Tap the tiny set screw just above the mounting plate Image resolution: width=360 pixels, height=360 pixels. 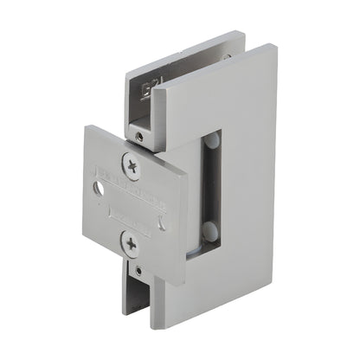tap(138, 136)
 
